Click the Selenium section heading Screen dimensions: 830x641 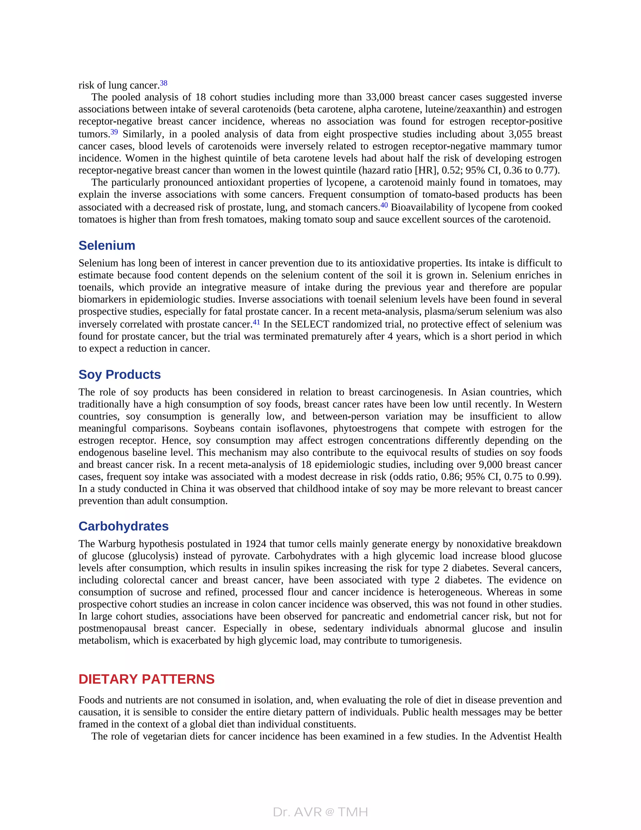point(107,246)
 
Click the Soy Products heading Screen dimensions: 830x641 point(120,374)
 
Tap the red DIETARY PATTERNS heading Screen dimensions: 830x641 point(146,679)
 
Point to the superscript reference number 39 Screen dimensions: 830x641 point(114,132)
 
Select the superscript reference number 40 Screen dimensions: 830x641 point(384,205)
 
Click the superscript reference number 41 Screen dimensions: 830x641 point(256,322)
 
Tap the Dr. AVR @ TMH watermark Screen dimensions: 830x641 point(320,812)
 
